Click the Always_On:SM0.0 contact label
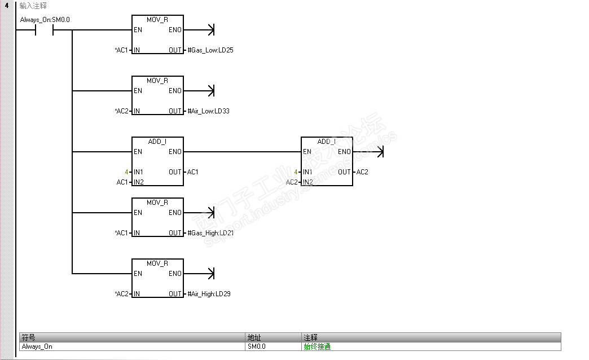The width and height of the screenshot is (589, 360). (45, 20)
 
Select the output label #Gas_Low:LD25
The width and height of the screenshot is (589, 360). (210, 50)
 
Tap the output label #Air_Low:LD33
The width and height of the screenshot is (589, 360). (208, 111)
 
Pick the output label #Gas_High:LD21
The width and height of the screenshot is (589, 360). (210, 233)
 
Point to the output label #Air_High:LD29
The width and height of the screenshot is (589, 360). (209, 294)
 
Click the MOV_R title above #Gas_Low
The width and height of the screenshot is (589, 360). (157, 20)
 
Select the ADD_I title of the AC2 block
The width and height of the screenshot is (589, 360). (327, 142)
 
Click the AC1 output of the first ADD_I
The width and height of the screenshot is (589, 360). (192, 172)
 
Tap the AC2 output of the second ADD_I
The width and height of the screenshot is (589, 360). (362, 172)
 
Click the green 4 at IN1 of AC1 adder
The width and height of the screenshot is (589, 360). (127, 172)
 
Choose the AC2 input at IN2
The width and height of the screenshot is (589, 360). (292, 182)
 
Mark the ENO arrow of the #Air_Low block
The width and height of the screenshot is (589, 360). (212, 91)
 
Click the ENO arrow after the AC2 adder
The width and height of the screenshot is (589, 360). (380, 152)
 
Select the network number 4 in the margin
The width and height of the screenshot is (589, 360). (7, 5)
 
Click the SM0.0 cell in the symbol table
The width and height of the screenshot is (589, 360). (256, 346)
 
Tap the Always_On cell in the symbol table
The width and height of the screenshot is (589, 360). (37, 346)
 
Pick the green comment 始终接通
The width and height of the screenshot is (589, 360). (317, 346)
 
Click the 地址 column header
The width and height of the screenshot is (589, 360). (254, 337)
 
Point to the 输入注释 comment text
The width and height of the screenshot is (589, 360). (33, 5)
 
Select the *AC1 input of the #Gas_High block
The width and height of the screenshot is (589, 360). (121, 233)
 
